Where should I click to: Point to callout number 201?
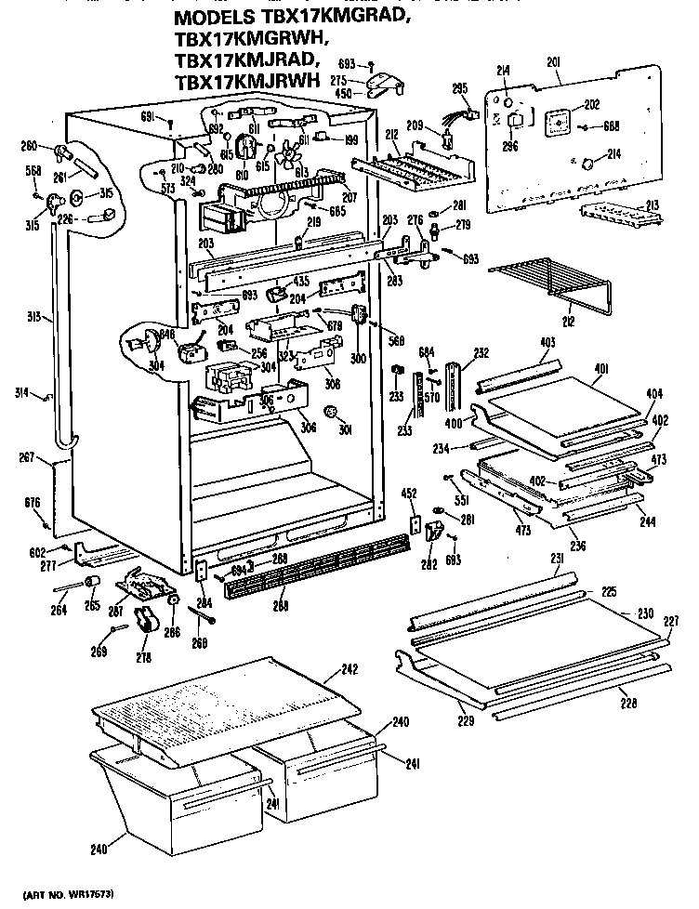pos(553,62)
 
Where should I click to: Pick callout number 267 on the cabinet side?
pos(27,456)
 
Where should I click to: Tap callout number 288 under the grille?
pos(280,606)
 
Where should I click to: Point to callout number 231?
pos(558,558)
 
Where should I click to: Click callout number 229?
pos(464,719)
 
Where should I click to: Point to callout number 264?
pos(59,610)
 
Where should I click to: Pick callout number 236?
pos(579,545)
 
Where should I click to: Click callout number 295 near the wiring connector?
pos(458,89)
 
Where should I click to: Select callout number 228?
pos(628,704)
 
